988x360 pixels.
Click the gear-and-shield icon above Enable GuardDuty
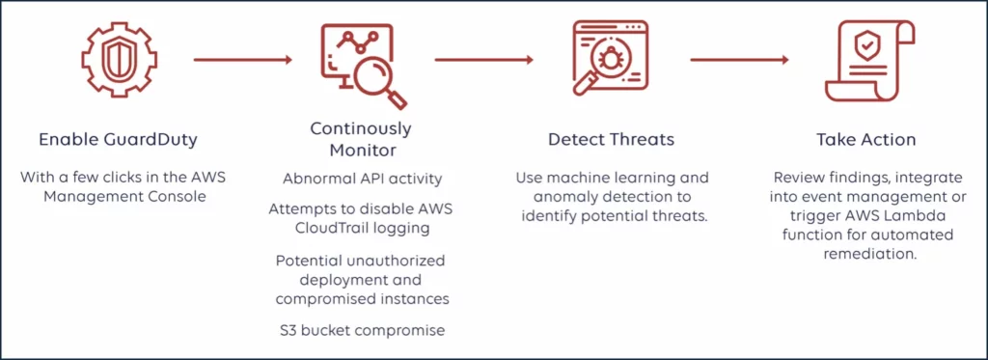click(118, 60)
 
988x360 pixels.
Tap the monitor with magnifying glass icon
click(361, 64)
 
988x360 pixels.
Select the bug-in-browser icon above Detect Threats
click(611, 60)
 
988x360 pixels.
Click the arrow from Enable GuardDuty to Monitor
click(242, 60)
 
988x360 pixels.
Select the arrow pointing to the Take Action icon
click(740, 60)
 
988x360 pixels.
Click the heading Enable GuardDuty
click(118, 139)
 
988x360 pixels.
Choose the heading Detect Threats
click(611, 139)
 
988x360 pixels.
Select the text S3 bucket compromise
click(361, 330)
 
